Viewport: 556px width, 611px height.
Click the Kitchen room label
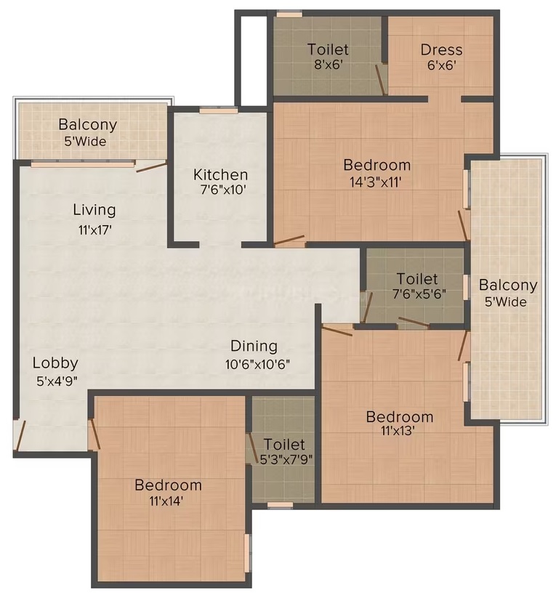(220, 174)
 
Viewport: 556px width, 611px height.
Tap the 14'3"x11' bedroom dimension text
(376, 182)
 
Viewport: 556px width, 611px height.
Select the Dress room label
(441, 50)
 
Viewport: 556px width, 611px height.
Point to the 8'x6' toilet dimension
(329, 64)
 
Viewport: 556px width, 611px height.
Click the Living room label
(94, 211)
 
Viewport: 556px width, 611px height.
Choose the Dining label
(254, 346)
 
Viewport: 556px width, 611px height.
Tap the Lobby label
(55, 363)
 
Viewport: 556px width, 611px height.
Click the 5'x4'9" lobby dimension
(57, 381)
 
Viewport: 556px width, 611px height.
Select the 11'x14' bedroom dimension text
(166, 501)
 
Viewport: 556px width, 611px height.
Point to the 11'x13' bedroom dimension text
(398, 431)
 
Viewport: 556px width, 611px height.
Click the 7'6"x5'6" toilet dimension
(419, 294)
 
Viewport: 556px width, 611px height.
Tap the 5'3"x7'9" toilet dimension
(286, 459)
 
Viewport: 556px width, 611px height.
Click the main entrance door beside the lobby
(20, 435)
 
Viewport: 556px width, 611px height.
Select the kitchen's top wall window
(219, 110)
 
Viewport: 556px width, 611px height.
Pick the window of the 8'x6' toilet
(289, 15)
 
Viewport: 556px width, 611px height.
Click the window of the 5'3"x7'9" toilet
(280, 505)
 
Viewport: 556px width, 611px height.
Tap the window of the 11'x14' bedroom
(247, 553)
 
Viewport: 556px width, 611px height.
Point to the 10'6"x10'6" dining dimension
(257, 364)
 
